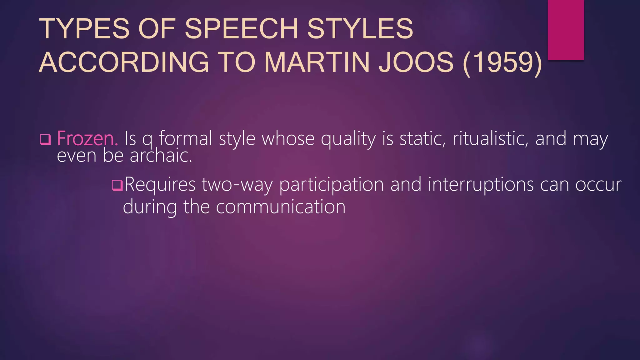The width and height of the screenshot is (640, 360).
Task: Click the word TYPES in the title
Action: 84,29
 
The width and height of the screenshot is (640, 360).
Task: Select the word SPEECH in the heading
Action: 242,29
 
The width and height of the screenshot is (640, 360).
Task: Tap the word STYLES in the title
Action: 360,29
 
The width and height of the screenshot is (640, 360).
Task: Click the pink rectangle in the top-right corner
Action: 566,30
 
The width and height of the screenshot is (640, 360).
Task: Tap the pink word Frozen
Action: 87,138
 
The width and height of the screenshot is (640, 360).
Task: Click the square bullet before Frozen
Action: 45,139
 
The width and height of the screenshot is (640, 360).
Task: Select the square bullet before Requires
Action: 117,185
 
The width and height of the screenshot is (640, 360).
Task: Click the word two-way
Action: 237,184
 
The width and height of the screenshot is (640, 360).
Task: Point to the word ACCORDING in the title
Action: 124,62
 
